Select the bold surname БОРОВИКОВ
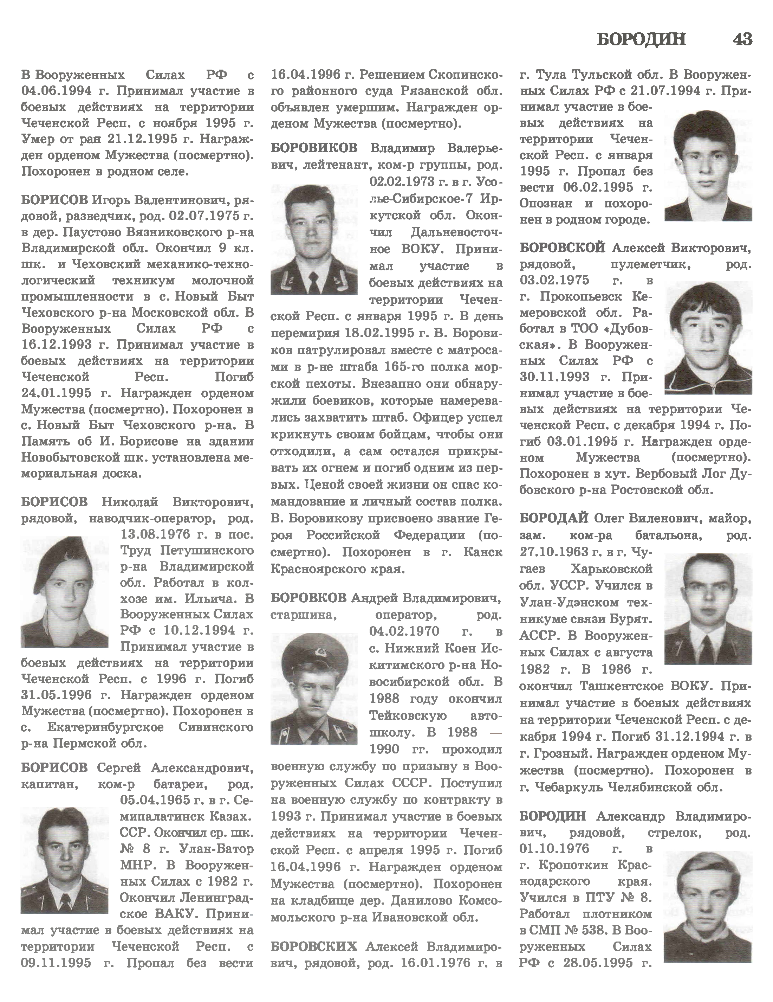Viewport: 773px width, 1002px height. (x=314, y=148)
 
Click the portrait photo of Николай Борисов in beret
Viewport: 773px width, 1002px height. (x=65, y=592)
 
